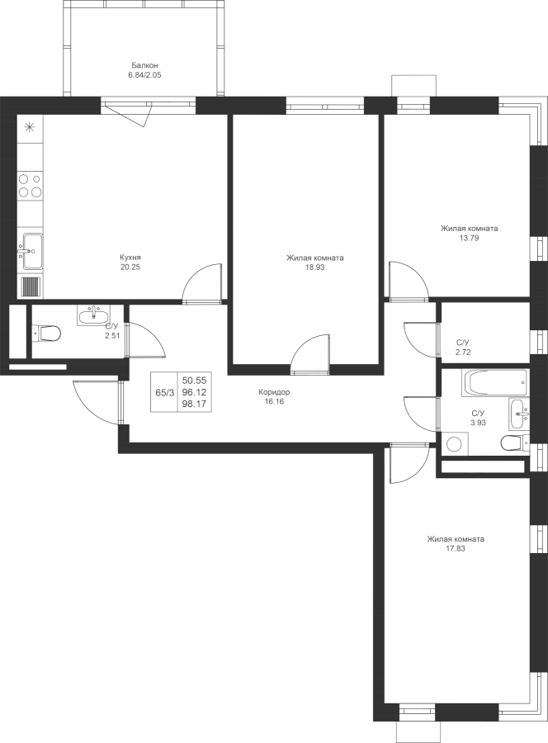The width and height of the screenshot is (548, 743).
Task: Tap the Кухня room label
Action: click(x=130, y=258)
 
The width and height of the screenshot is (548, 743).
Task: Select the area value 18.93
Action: click(x=315, y=267)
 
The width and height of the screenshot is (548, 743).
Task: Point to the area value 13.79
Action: click(x=470, y=239)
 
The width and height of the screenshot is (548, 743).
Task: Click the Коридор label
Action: click(x=274, y=392)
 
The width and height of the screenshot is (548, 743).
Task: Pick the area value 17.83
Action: click(x=456, y=549)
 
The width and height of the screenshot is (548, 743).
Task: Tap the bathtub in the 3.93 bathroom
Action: click(x=494, y=383)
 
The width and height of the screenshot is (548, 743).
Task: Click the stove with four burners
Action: click(x=30, y=185)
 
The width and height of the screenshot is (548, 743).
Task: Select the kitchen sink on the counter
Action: click(x=30, y=251)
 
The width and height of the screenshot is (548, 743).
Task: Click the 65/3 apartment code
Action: click(x=164, y=393)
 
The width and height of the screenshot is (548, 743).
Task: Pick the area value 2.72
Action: click(x=464, y=352)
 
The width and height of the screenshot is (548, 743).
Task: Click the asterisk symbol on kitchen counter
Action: click(x=30, y=127)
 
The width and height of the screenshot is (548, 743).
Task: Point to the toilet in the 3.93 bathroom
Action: click(x=513, y=443)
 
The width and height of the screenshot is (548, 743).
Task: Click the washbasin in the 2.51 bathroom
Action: click(x=93, y=315)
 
